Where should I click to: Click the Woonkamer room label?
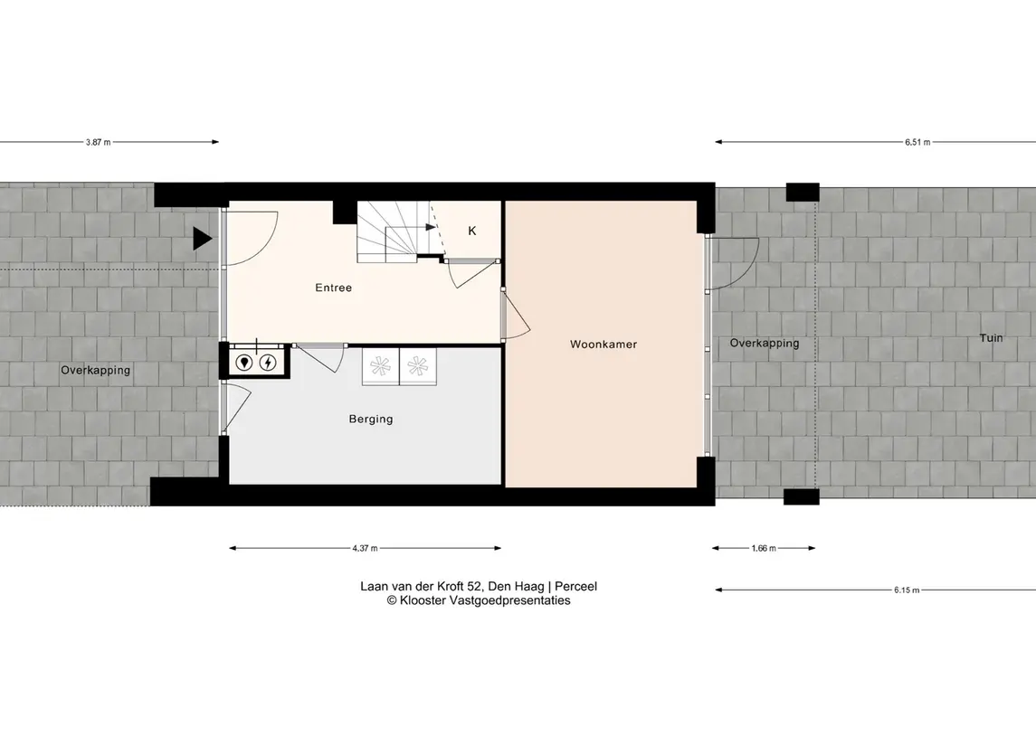pyautogui.click(x=604, y=344)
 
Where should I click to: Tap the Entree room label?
pyautogui.click(x=334, y=288)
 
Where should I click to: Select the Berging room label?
pyautogui.click(x=371, y=420)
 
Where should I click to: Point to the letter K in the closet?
pyautogui.click(x=471, y=231)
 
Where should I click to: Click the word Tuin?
pyautogui.click(x=991, y=338)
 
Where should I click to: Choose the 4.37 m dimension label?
pyautogui.click(x=365, y=548)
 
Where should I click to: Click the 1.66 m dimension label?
pyautogui.click(x=764, y=548)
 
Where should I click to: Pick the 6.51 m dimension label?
pyautogui.click(x=917, y=142)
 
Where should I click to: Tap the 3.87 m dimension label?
pyautogui.click(x=98, y=142)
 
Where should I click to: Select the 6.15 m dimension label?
pyautogui.click(x=907, y=590)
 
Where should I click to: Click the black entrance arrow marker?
pyautogui.click(x=202, y=239)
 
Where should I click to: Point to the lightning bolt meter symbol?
pyautogui.click(x=268, y=363)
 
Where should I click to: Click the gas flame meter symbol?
pyautogui.click(x=244, y=363)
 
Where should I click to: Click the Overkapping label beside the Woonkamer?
pyautogui.click(x=765, y=344)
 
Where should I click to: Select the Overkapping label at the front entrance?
pyautogui.click(x=96, y=371)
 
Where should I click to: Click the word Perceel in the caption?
pyautogui.click(x=576, y=586)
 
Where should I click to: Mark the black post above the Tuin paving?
pyautogui.click(x=803, y=192)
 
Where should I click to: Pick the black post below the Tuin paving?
pyautogui.click(x=802, y=497)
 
